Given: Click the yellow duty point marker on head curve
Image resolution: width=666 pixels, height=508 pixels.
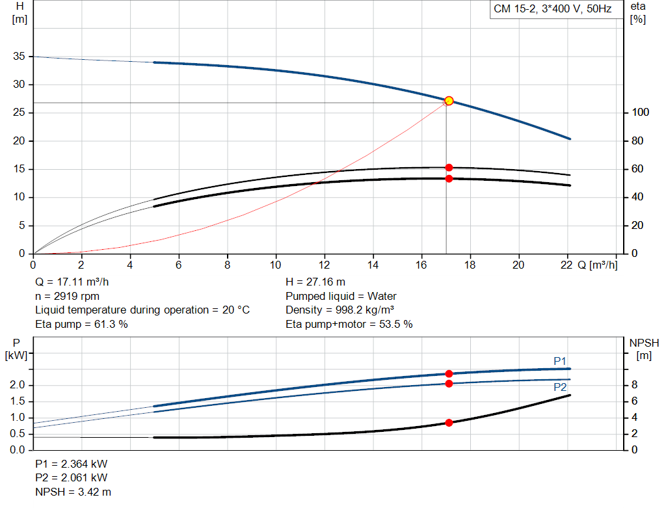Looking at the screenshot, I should click(x=449, y=101).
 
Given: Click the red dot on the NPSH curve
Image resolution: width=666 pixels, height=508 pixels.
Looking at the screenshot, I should click(x=449, y=423).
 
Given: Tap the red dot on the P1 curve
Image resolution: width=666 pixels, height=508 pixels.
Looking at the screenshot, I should click(x=449, y=373).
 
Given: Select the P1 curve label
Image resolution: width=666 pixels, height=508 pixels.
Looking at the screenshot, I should click(x=561, y=361).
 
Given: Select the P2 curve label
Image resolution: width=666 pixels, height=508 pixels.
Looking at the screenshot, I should click(x=561, y=387).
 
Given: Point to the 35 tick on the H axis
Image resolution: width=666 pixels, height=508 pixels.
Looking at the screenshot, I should click(x=18, y=57).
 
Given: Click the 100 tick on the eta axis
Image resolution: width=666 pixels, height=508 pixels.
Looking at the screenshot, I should click(x=639, y=113).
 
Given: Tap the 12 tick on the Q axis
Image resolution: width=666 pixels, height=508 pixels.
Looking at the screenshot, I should click(x=325, y=265).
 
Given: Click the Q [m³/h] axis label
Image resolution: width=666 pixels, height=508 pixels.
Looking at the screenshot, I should click(x=596, y=265).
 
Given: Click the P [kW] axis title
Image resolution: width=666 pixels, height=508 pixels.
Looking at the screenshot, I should click(x=16, y=349).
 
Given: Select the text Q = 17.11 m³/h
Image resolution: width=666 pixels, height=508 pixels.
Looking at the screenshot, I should click(x=72, y=282).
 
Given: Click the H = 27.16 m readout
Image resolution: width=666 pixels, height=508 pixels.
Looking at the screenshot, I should click(x=315, y=282).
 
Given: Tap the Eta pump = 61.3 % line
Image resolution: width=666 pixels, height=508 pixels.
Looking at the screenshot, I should click(x=81, y=324).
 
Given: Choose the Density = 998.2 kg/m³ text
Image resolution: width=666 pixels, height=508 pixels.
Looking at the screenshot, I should click(x=340, y=310).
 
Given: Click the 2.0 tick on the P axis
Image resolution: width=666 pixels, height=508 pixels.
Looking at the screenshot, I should click(x=18, y=386).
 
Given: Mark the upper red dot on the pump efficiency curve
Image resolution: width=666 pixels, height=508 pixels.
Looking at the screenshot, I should click(x=449, y=168).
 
